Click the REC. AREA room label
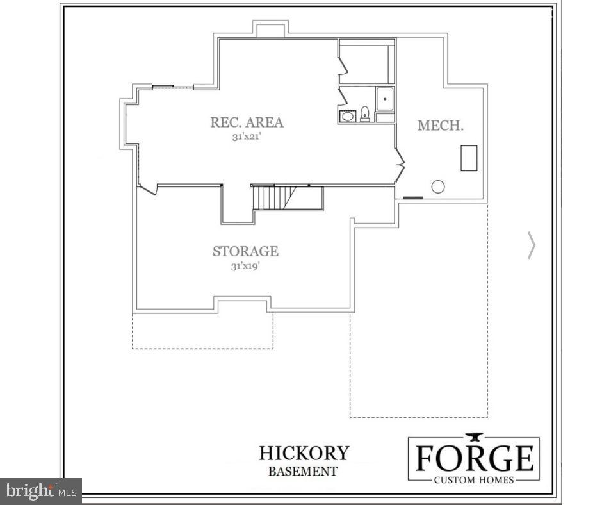click(247, 122)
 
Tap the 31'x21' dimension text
click(247, 137)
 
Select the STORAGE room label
click(245, 251)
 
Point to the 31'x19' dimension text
click(245, 266)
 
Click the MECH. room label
click(441, 126)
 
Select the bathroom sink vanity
click(348, 116)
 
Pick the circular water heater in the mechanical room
click(438, 186)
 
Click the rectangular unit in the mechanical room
click(469, 158)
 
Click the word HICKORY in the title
click(304, 453)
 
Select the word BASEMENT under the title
click(302, 472)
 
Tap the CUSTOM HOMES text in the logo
click(474, 480)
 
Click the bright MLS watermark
click(41, 492)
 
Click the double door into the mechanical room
click(400, 165)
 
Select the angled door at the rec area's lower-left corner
click(147, 188)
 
